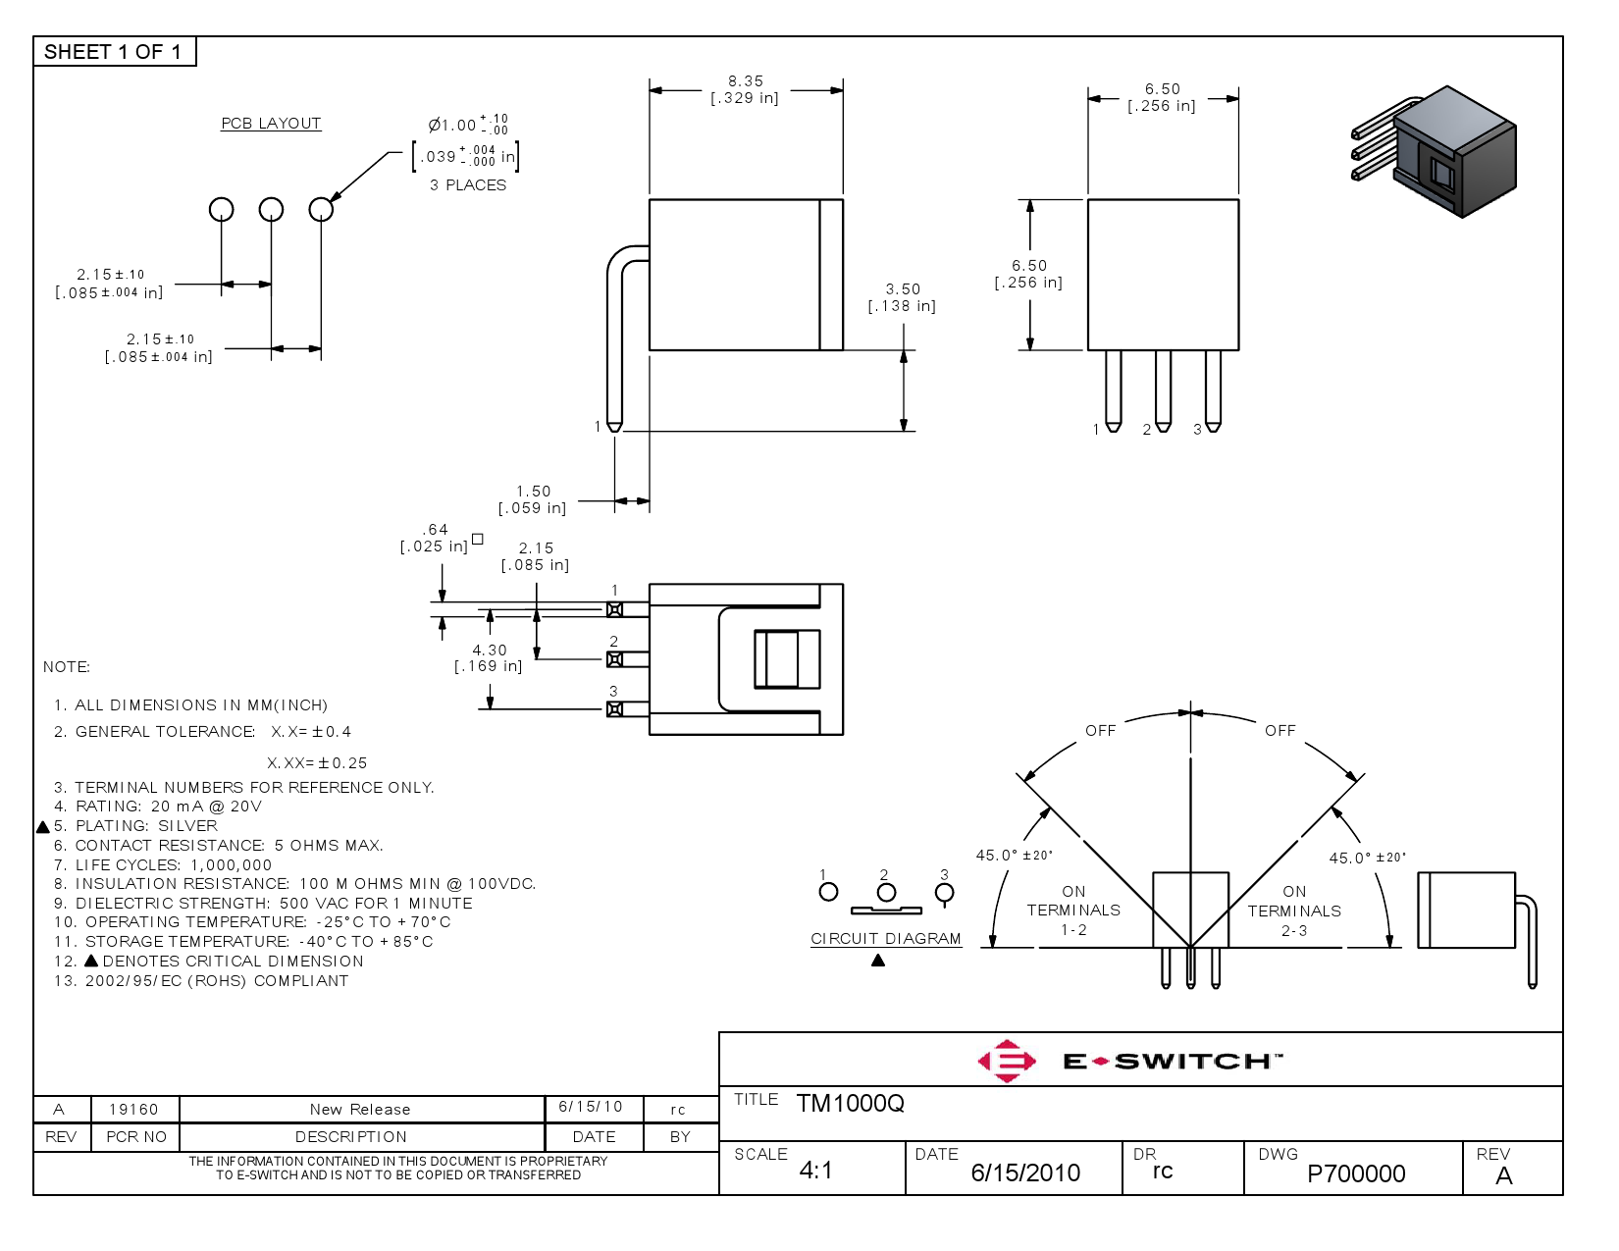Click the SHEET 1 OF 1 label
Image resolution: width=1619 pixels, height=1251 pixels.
(113, 52)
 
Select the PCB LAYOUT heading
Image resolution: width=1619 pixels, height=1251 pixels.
(271, 124)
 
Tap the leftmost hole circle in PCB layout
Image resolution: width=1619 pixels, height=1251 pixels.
(222, 209)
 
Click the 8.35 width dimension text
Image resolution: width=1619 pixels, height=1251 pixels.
(746, 81)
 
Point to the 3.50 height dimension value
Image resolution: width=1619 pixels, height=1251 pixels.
(903, 289)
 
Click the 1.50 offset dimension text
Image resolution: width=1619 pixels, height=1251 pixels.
(534, 492)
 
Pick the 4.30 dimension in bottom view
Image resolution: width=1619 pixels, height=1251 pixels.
(490, 651)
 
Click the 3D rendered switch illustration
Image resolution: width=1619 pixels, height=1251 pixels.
(1437, 152)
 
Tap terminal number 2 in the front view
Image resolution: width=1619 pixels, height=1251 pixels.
(1146, 430)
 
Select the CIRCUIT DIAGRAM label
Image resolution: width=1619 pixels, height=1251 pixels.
(886, 939)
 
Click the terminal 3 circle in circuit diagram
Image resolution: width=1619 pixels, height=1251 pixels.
(944, 893)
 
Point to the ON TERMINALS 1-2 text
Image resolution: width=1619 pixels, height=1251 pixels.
(1073, 911)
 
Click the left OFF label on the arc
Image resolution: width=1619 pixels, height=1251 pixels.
(1100, 731)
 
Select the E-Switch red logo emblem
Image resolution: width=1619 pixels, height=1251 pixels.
(1007, 1061)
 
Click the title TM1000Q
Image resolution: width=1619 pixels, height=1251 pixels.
(850, 1104)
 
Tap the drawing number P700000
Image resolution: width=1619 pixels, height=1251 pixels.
(1356, 1173)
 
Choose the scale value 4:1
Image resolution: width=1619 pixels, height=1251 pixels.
(815, 1171)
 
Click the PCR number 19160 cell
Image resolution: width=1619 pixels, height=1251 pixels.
(133, 1110)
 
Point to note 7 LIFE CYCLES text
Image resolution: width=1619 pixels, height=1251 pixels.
(163, 865)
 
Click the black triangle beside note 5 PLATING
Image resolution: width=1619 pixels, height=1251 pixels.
(43, 827)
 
